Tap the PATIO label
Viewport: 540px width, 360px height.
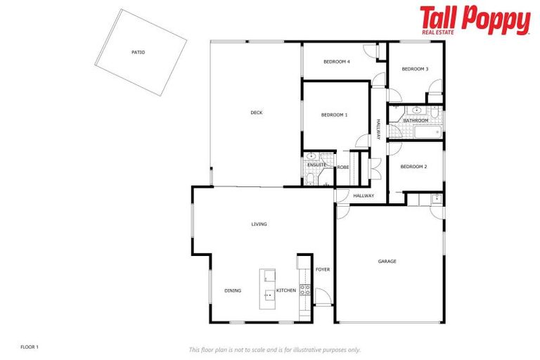138,52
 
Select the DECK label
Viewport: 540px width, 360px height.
257,112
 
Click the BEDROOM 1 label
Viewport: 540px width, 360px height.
334,115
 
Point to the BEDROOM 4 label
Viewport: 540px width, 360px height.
336,62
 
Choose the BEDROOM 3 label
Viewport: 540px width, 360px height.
414,69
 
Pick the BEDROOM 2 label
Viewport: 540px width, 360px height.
413,167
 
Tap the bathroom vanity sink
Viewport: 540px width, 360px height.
417,110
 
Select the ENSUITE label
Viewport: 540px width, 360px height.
316,165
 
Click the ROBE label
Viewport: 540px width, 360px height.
343,167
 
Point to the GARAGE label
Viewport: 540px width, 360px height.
387,262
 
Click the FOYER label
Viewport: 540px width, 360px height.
322,269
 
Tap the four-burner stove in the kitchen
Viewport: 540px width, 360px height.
304,288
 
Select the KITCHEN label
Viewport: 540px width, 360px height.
285,290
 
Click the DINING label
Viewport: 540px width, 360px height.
233,290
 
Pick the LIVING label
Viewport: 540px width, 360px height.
259,224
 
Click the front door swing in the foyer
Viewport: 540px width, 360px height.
321,296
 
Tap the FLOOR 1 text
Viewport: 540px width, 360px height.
30,347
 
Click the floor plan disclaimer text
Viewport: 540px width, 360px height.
274,349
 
